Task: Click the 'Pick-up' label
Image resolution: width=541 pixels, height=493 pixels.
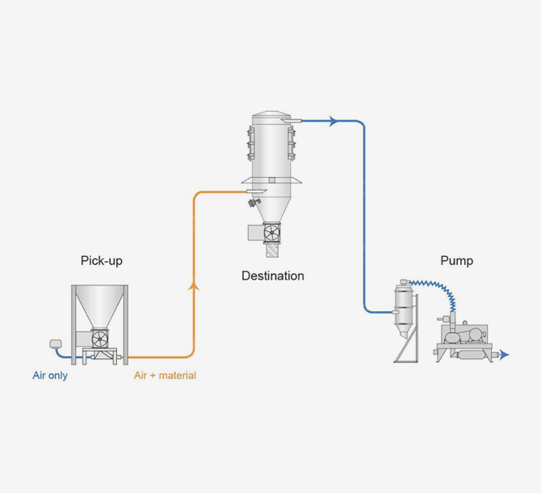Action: pyautogui.click(x=102, y=260)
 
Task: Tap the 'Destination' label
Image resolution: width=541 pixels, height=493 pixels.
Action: pyautogui.click(x=273, y=276)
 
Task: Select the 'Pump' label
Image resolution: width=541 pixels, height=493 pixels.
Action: pyautogui.click(x=456, y=260)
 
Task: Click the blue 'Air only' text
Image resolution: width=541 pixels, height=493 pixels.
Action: pyautogui.click(x=50, y=376)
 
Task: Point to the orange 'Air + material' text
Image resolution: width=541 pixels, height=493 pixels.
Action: pyautogui.click(x=165, y=376)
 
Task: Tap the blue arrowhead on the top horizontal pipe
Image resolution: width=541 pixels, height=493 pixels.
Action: pyautogui.click(x=332, y=121)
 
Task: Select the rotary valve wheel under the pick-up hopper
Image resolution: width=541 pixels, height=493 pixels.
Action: pyautogui.click(x=100, y=338)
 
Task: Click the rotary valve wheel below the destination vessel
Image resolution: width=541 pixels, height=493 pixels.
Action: pyautogui.click(x=271, y=233)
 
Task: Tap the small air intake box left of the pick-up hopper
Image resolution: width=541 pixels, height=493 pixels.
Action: pyautogui.click(x=57, y=344)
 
